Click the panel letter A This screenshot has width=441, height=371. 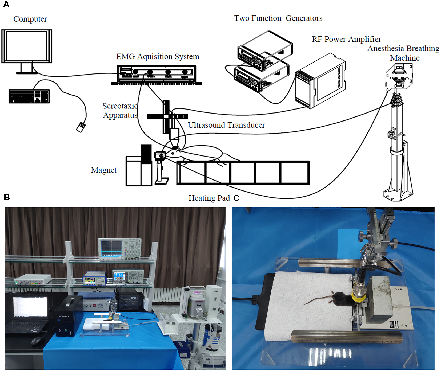[6, 5]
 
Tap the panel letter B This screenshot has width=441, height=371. [7, 197]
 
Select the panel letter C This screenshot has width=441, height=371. [236, 198]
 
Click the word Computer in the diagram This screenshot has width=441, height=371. [30, 19]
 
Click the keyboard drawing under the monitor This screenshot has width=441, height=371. [29, 96]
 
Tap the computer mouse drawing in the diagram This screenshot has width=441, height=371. [81, 127]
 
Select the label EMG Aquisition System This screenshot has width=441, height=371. [158, 57]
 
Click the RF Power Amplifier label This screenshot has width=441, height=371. [346, 39]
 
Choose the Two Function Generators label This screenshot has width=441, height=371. [278, 18]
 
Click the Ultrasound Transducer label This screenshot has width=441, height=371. [226, 125]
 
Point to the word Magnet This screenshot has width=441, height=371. [104, 170]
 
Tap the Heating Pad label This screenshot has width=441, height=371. [209, 198]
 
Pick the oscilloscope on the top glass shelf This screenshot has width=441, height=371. [120, 249]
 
